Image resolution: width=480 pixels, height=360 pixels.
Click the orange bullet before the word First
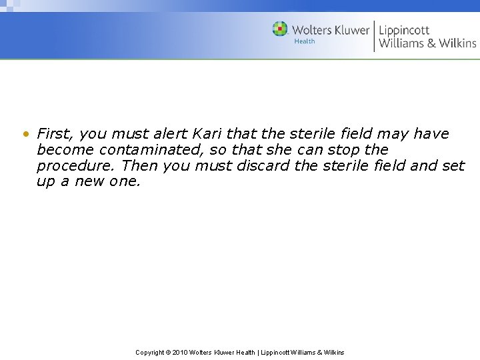[25, 134]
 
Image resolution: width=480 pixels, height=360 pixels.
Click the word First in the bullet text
[53, 134]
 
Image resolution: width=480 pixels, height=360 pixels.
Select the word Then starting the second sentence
[140, 166]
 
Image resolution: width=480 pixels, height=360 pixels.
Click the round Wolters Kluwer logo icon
[280, 29]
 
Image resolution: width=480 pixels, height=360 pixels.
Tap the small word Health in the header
[305, 41]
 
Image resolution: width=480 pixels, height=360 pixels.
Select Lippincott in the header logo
[404, 30]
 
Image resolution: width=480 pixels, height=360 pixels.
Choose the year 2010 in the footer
[180, 353]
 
